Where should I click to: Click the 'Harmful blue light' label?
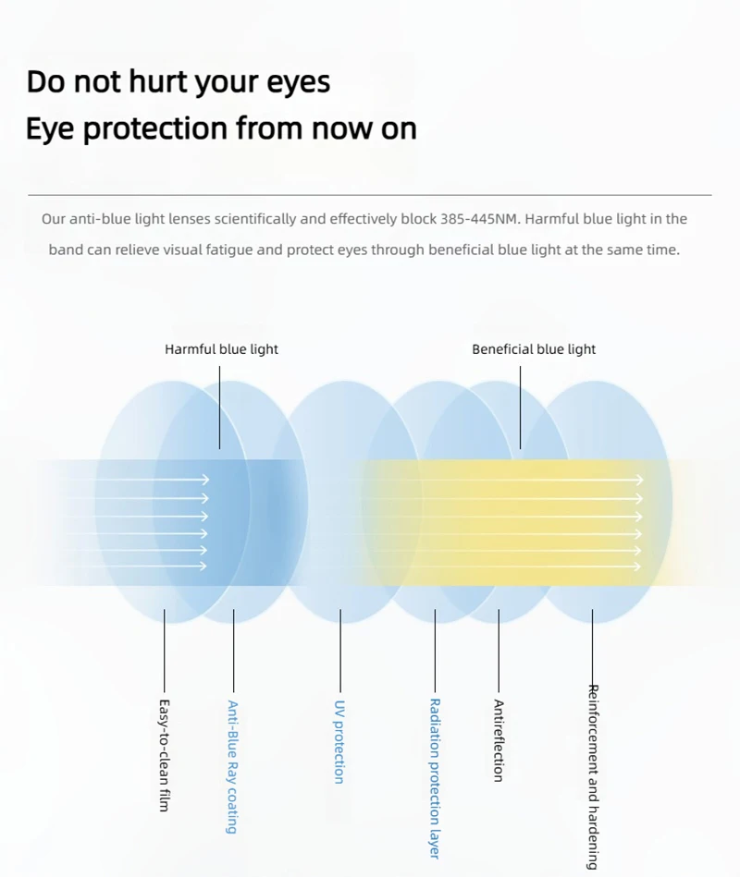[x=221, y=349]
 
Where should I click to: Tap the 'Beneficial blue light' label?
[x=534, y=349]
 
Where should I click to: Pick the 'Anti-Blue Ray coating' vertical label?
[x=233, y=766]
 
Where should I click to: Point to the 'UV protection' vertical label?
[x=339, y=741]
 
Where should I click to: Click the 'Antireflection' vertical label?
[x=499, y=741]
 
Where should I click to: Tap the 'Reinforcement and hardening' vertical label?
[x=593, y=776]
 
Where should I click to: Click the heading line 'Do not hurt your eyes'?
[x=179, y=81]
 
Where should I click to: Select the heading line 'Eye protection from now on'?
[x=221, y=128]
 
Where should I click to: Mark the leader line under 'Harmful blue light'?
[x=220, y=407]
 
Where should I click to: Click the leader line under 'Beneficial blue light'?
[x=520, y=407]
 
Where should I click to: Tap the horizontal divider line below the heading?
[x=370, y=195]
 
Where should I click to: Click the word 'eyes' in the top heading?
[x=298, y=82]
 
